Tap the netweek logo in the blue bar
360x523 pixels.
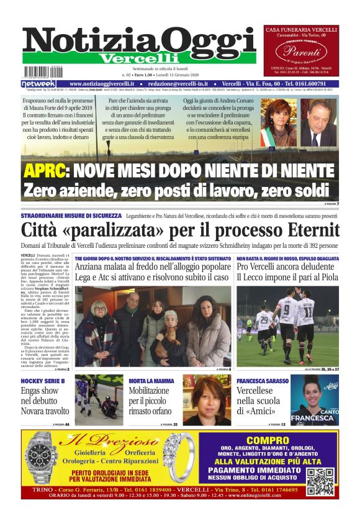pyautogui.click(x=38, y=84)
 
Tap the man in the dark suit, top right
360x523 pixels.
pyautogui.click(x=318, y=123)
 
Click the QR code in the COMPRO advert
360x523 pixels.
pyautogui.click(x=320, y=481)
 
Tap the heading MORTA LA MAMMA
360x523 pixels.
pyautogui.click(x=150, y=380)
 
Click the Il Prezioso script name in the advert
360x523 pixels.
pyautogui.click(x=113, y=444)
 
